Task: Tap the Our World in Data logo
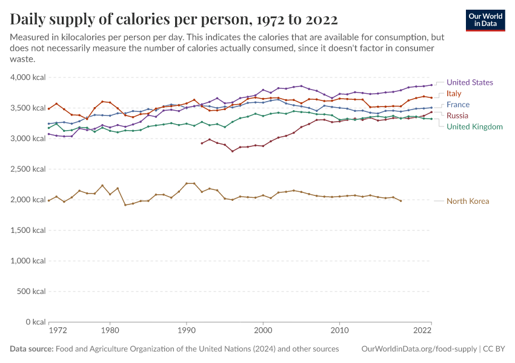click(485, 19)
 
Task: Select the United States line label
click(470, 82)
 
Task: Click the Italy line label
click(454, 93)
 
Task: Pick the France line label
click(458, 105)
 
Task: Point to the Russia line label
click(457, 116)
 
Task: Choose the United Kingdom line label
click(474, 126)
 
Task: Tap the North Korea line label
click(467, 201)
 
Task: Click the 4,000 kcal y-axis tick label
click(28, 77)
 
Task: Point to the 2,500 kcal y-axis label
click(28, 169)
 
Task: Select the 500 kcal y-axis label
click(32, 291)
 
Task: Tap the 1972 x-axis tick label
click(58, 331)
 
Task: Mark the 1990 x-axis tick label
click(186, 331)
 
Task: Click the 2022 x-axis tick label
click(422, 331)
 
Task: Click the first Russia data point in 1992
click(202, 143)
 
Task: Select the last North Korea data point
click(400, 201)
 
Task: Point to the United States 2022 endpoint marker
click(431, 85)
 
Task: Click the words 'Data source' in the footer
click(32, 349)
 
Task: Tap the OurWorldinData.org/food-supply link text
click(418, 349)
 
